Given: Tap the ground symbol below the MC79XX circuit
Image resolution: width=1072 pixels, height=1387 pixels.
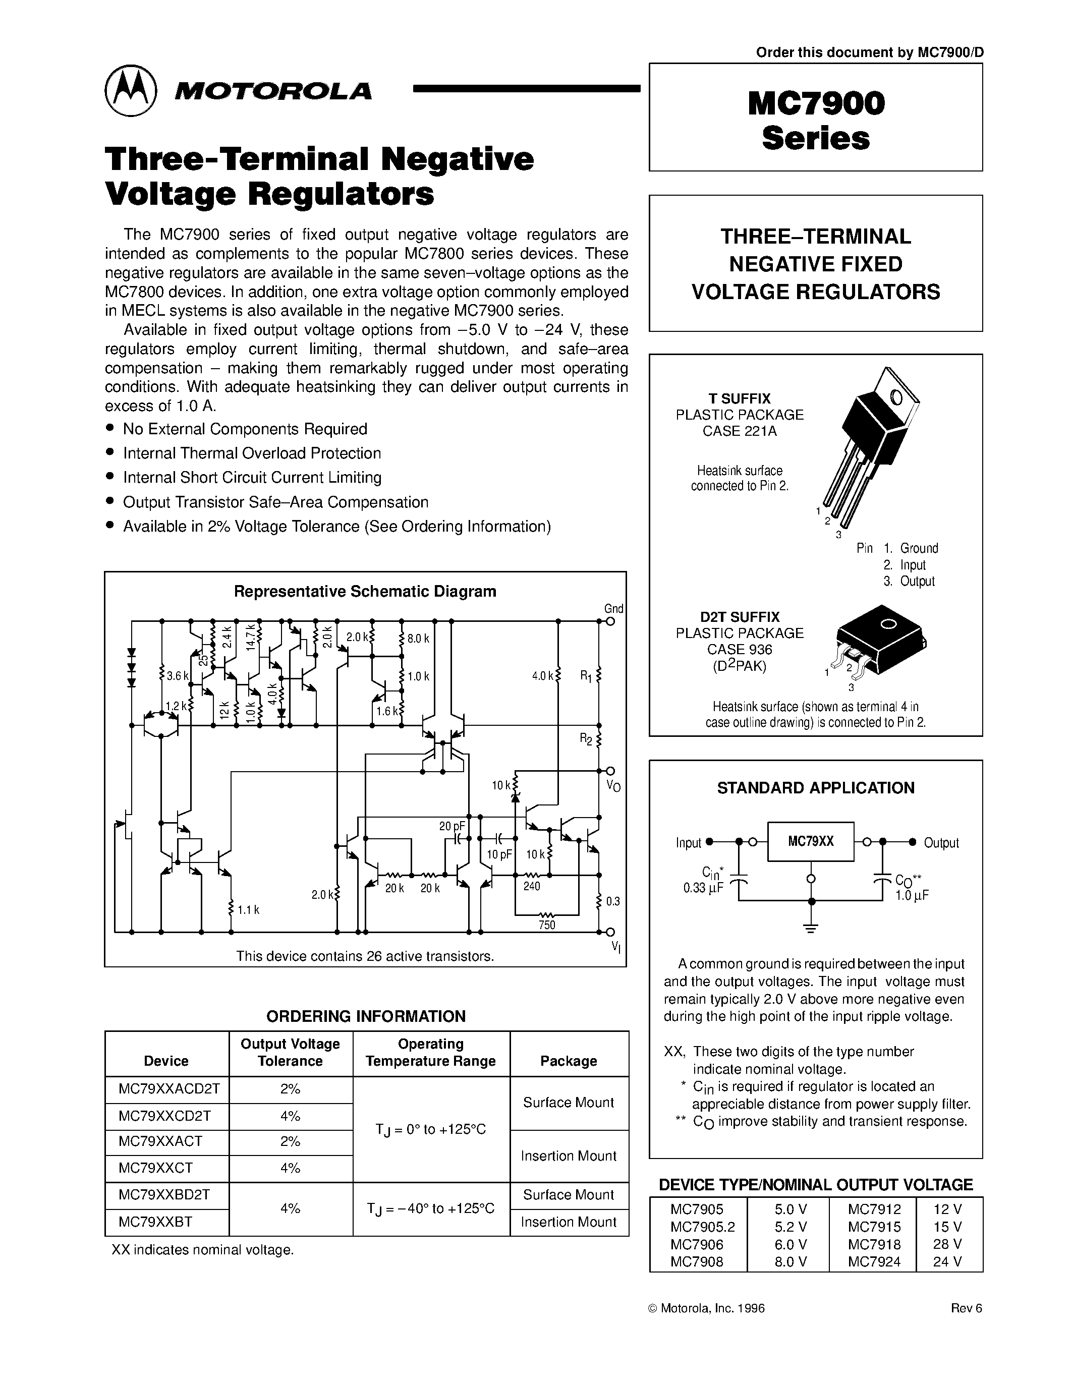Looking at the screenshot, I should (810, 927).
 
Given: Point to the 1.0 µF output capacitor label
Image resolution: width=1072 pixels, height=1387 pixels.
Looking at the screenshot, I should (913, 895).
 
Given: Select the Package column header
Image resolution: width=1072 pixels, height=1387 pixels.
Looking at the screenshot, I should (569, 1061).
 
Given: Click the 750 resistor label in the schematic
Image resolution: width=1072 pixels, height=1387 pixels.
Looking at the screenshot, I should (547, 924).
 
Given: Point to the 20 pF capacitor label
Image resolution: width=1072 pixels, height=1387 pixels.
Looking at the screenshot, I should (452, 826).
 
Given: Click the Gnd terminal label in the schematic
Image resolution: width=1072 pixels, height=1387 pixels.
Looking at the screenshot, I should (613, 608).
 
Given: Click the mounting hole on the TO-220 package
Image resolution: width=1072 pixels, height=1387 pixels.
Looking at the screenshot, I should (896, 397).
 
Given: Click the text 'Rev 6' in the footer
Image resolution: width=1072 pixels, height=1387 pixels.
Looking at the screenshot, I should (966, 1308).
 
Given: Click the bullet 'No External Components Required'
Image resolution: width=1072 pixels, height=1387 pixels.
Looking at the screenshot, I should (245, 429).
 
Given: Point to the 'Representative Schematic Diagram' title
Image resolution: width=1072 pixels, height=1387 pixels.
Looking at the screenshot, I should (365, 591).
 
